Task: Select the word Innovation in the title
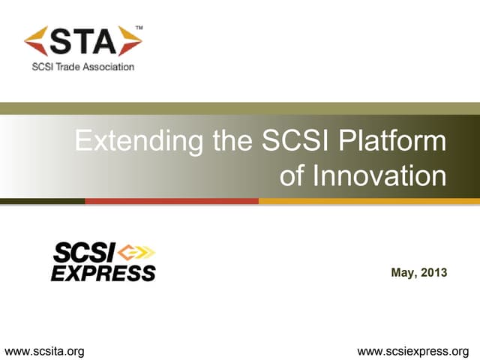tap(379, 175)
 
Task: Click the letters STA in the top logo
tap(83, 42)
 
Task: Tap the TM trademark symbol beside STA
tap(137, 28)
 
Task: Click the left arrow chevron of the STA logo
tap(37, 42)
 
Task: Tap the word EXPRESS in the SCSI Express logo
tap(103, 271)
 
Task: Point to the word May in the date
tap(403, 272)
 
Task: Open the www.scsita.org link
tap(44, 350)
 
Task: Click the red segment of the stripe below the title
tap(172, 201)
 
